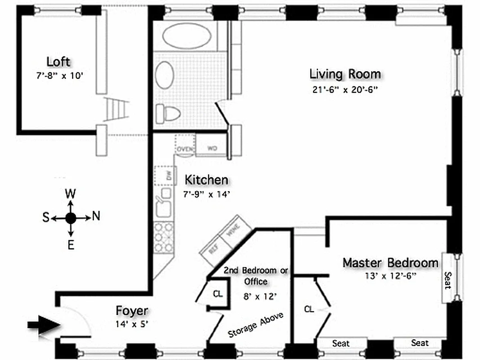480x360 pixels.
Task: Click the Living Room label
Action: click(x=345, y=74)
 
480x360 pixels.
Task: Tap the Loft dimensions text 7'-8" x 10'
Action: click(x=60, y=76)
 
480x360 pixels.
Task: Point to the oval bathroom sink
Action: click(x=165, y=75)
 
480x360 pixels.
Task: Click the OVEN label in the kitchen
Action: click(x=184, y=148)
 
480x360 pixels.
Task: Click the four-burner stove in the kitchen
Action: click(x=163, y=237)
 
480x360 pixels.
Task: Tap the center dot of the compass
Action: click(x=71, y=218)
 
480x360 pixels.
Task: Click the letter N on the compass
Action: click(x=96, y=217)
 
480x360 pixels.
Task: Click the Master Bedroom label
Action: click(x=390, y=263)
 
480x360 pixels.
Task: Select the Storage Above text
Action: click(x=256, y=325)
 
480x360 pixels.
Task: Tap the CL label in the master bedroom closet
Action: click(x=309, y=309)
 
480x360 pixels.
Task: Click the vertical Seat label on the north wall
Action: click(x=448, y=279)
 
